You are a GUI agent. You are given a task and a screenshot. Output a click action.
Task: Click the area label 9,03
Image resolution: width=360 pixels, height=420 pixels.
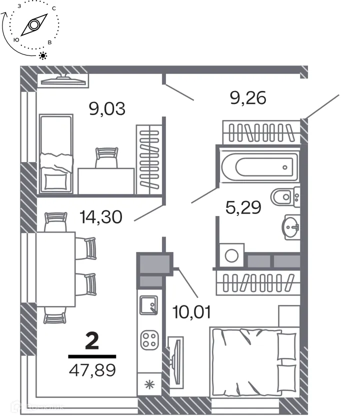(106, 108)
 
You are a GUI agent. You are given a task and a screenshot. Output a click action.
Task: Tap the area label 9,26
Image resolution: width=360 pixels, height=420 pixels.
(248, 97)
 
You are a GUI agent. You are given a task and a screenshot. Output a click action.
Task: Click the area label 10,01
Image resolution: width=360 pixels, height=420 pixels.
(191, 312)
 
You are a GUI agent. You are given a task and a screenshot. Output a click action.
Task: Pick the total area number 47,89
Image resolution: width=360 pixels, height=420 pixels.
(92, 371)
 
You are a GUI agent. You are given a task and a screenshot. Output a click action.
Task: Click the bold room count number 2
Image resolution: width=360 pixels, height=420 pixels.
(92, 342)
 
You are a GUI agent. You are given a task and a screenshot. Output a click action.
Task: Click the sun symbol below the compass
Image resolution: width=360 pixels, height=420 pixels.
(43, 55)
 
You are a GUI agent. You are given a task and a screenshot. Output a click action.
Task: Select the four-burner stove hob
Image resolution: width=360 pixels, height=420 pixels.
(148, 340)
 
